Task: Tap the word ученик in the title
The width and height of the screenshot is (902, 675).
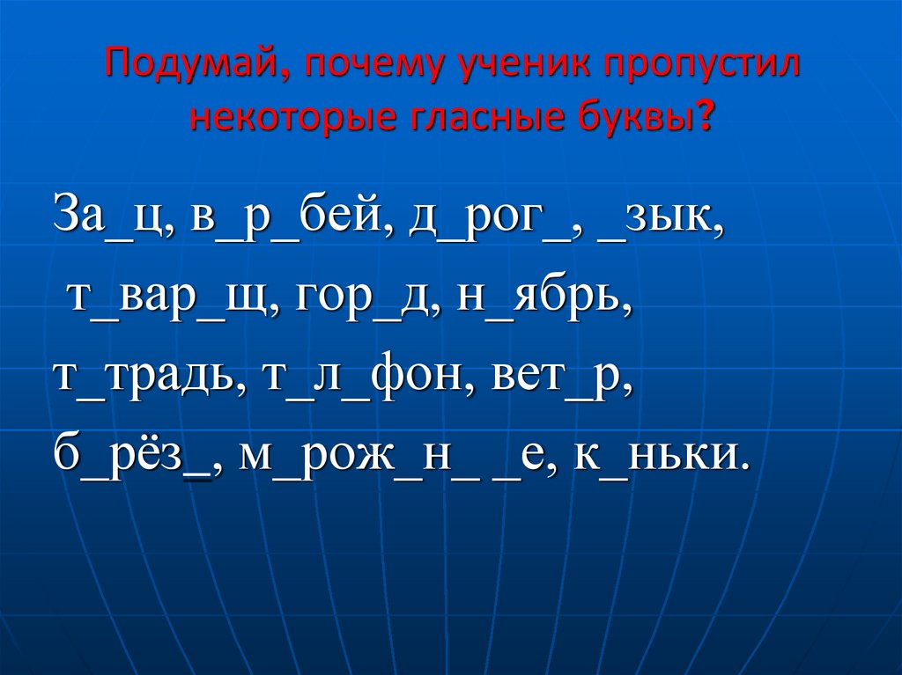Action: pos(499,67)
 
